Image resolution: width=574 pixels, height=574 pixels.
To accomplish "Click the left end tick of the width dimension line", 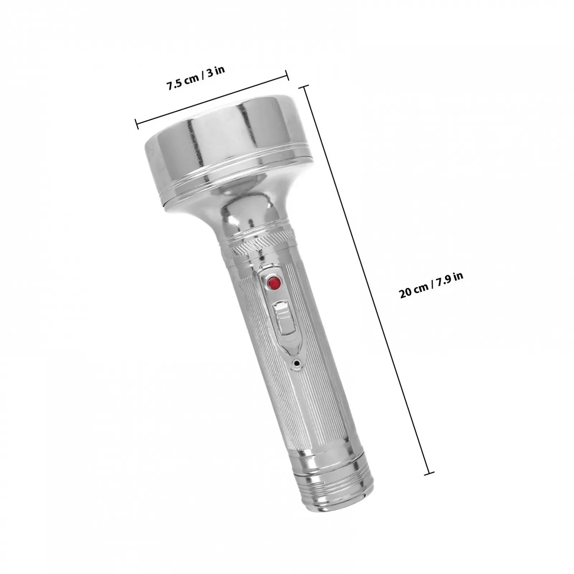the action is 137,123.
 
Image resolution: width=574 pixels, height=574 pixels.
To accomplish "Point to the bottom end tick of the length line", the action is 429,473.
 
